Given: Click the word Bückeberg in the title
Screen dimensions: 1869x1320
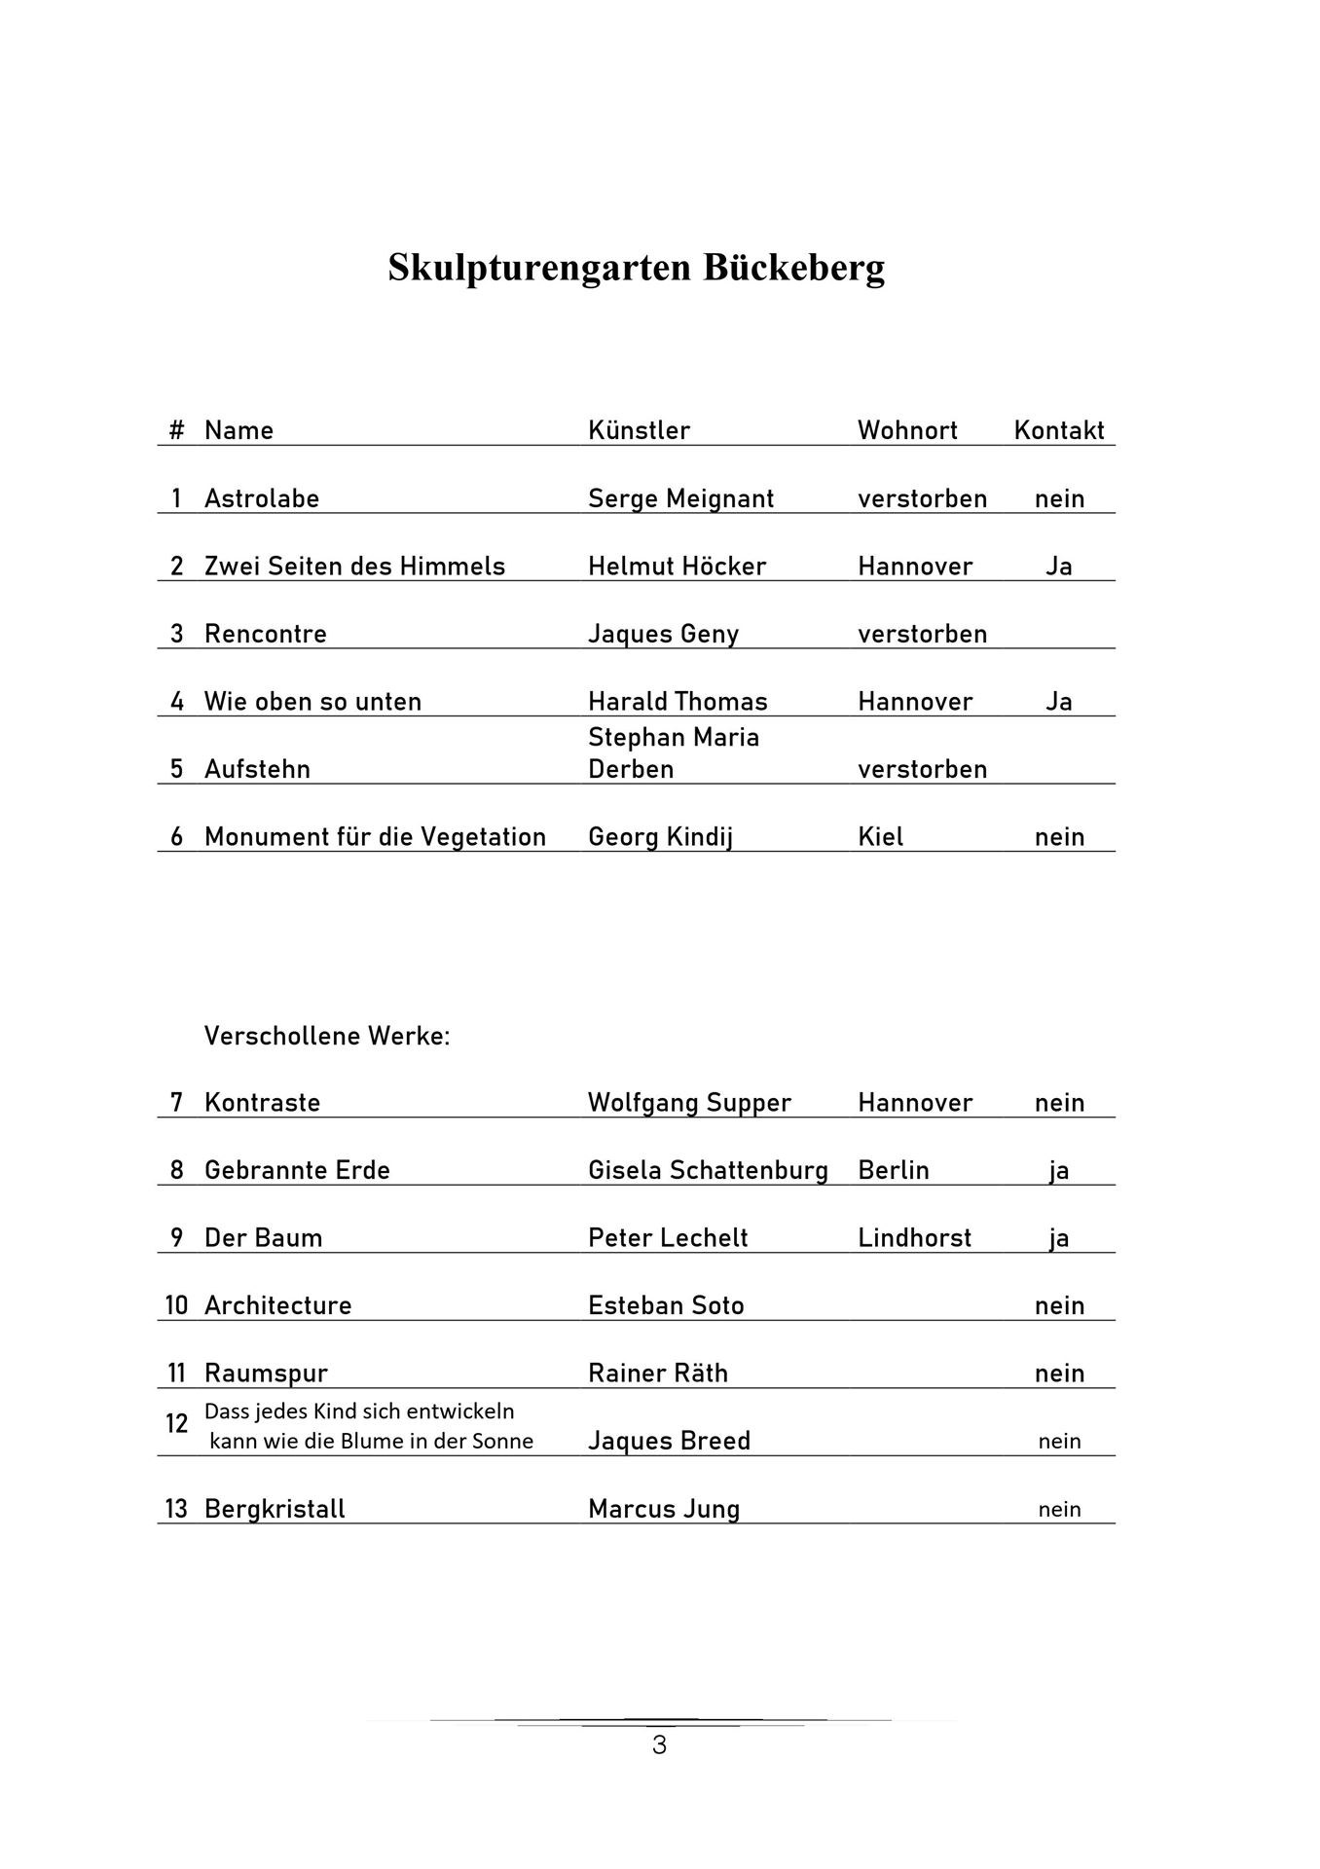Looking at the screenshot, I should pos(793,268).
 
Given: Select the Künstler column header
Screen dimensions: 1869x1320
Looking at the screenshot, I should pos(639,430).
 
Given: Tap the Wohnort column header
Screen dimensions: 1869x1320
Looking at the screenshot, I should pos(907,430).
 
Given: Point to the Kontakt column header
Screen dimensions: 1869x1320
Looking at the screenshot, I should pos(1059,430).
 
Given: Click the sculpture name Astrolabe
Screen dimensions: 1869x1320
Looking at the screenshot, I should pos(262,498).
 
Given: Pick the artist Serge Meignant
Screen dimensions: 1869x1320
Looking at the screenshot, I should pos(680,498).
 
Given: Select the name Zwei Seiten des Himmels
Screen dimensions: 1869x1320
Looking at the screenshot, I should pos(354,567).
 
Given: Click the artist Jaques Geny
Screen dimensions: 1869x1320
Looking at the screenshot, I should pos(663,634).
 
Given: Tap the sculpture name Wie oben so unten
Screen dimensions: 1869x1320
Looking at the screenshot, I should pos(312,702).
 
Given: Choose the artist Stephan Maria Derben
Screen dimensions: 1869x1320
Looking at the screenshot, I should pos(674,752).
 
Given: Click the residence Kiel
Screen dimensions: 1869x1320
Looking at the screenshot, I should pos(880,837).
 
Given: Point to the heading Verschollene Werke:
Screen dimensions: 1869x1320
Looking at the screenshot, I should pos(327,1036).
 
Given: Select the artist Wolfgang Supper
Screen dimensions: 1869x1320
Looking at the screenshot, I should pos(689,1103).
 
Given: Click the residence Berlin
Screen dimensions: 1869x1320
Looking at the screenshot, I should pos(894,1170).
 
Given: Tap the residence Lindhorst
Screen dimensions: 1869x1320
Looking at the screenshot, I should pos(914,1238).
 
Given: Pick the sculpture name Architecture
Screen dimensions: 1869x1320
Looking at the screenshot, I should pos(277,1305).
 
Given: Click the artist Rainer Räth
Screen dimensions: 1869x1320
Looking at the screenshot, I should pos(658,1374).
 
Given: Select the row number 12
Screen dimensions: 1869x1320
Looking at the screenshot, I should pos(176,1424).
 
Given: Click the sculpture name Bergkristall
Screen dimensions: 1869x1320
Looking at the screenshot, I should pos(275,1509).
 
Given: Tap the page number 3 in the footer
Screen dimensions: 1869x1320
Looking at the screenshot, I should pos(659,1745).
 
